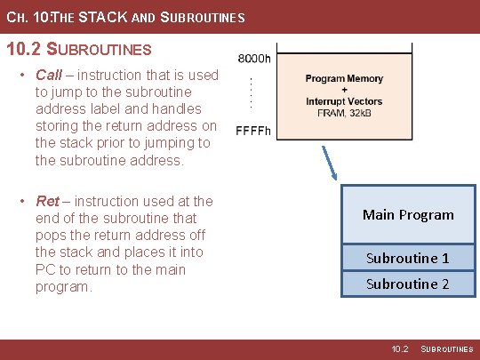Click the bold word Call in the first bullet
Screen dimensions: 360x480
(49, 75)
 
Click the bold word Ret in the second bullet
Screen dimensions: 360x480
(48, 201)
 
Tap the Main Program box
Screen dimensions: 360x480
(408, 214)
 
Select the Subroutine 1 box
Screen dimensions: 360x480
(408, 258)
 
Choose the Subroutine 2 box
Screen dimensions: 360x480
(408, 284)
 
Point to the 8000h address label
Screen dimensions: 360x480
(254, 59)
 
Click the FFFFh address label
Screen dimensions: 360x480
(253, 132)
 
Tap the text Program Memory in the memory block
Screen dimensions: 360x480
(344, 79)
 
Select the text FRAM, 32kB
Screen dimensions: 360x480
(344, 113)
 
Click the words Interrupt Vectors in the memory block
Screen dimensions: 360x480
(344, 101)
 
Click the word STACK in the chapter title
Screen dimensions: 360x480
(99, 17)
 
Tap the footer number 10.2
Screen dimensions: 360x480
(400, 349)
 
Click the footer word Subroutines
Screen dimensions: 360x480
(447, 349)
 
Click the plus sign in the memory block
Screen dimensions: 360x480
(344, 90)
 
